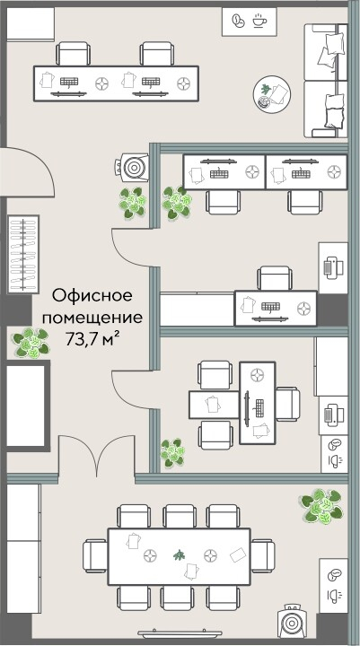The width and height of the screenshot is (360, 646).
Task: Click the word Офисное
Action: pos(92,295)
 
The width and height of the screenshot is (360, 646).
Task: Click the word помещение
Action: pos(92,317)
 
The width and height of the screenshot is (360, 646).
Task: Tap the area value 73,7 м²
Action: pos(92,338)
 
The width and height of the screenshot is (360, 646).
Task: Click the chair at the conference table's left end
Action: pos(93,553)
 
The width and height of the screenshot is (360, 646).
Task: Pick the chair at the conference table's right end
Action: pos(262,553)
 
